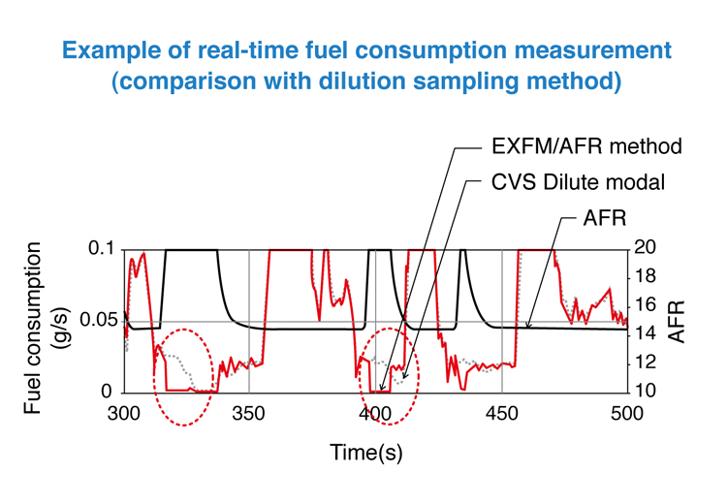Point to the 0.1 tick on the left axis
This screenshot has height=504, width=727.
[101, 249]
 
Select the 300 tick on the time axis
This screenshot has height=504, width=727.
[124, 411]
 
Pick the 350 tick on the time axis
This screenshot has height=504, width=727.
[250, 411]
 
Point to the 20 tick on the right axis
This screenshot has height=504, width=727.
[647, 249]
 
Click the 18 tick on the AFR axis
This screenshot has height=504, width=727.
[647, 278]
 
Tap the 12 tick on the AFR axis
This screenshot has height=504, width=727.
[647, 362]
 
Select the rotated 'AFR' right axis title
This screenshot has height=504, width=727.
[680, 321]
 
